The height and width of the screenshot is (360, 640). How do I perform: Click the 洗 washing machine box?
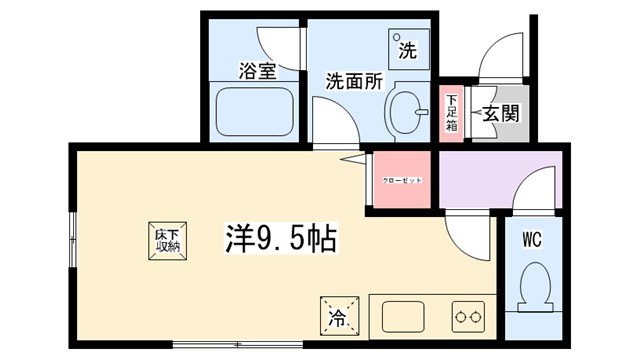[x=407, y=46]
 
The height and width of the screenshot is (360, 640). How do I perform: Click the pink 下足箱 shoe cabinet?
[x=451, y=113]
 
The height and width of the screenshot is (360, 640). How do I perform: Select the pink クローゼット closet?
[x=402, y=180]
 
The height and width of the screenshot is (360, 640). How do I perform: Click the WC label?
[x=532, y=240]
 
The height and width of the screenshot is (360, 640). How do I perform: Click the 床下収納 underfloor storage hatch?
[x=167, y=239]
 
